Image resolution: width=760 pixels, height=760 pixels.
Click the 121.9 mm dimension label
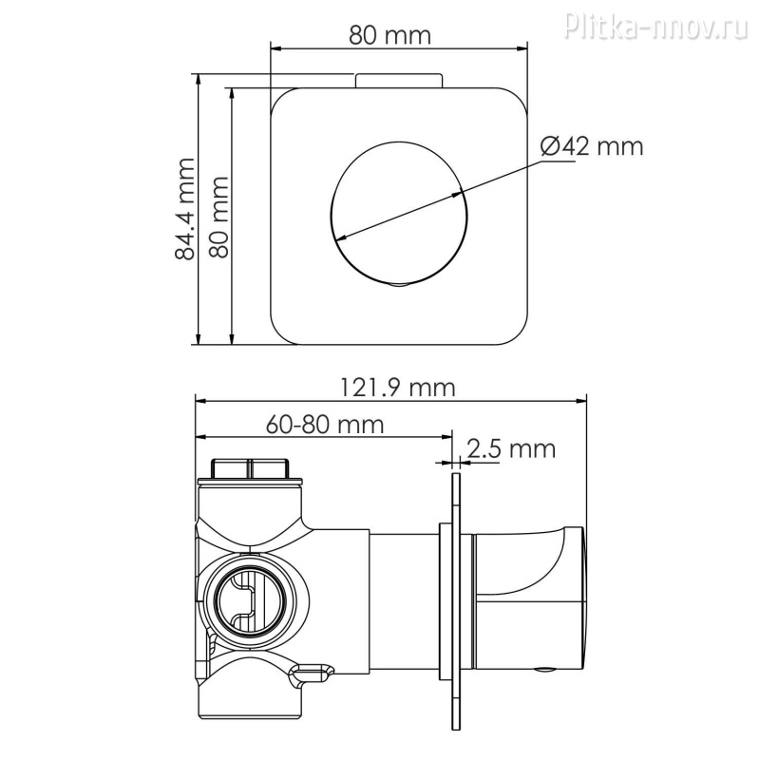pyautogui.click(x=397, y=389)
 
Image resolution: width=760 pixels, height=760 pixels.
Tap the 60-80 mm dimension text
pyautogui.click(x=325, y=425)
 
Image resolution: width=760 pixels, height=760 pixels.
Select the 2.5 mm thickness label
pyautogui.click(x=511, y=448)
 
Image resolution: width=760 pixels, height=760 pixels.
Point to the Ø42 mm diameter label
pyautogui.click(x=592, y=145)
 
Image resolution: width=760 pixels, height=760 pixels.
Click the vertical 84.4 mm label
pyautogui.click(x=185, y=209)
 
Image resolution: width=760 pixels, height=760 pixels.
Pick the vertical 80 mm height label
pyautogui.click(x=219, y=218)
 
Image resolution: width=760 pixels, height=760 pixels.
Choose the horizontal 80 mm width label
pyautogui.click(x=389, y=35)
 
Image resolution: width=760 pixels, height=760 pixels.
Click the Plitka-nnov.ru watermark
pyautogui.click(x=656, y=26)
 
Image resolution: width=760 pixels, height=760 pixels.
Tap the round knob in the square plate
pyautogui.click(x=398, y=213)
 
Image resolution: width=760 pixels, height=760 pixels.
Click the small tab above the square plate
pyautogui.click(x=399, y=81)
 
